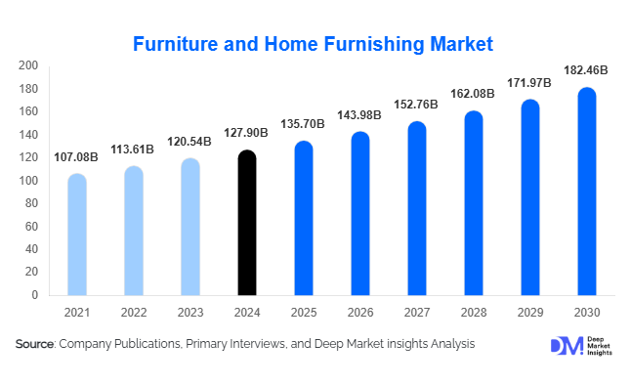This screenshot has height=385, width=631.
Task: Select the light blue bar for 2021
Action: [77, 235]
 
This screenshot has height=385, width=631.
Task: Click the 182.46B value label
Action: [587, 70]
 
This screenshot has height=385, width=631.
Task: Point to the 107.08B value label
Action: [77, 156]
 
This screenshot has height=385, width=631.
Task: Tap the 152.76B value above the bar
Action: [417, 105]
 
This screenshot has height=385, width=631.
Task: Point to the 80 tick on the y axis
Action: [31, 203]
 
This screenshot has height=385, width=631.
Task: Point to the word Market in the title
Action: [457, 44]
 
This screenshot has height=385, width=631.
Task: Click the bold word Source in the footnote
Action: [34, 344]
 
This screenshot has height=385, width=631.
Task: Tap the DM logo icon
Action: [565, 347]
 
